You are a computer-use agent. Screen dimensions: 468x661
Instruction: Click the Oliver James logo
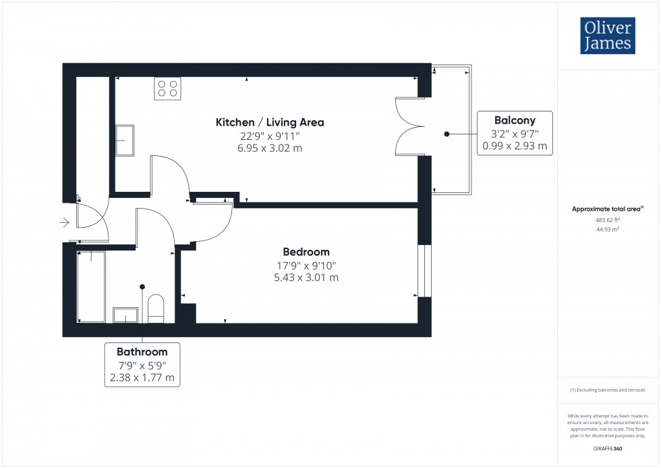point(607,36)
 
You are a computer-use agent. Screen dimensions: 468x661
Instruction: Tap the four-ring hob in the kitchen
point(167,88)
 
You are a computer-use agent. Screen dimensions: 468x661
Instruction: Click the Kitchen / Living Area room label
point(270,122)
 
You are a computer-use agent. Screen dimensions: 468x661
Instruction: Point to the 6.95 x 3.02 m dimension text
point(270,148)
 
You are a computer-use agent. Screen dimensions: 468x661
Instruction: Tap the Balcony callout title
point(514,120)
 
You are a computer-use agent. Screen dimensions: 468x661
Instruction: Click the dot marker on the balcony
point(447,134)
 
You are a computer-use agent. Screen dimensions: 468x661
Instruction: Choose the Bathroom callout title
point(142,352)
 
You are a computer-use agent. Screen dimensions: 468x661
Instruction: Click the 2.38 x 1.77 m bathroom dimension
point(142,378)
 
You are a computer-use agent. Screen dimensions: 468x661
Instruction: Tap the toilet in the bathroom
point(156,309)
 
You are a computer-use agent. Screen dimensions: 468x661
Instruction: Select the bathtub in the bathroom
point(91,286)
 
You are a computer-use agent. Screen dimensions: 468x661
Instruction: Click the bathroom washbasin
point(125,315)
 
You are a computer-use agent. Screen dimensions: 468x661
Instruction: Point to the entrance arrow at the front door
point(65,222)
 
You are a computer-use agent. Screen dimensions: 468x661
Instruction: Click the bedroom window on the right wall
point(424,270)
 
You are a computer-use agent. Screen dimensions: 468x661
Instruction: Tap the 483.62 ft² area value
point(606,219)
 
